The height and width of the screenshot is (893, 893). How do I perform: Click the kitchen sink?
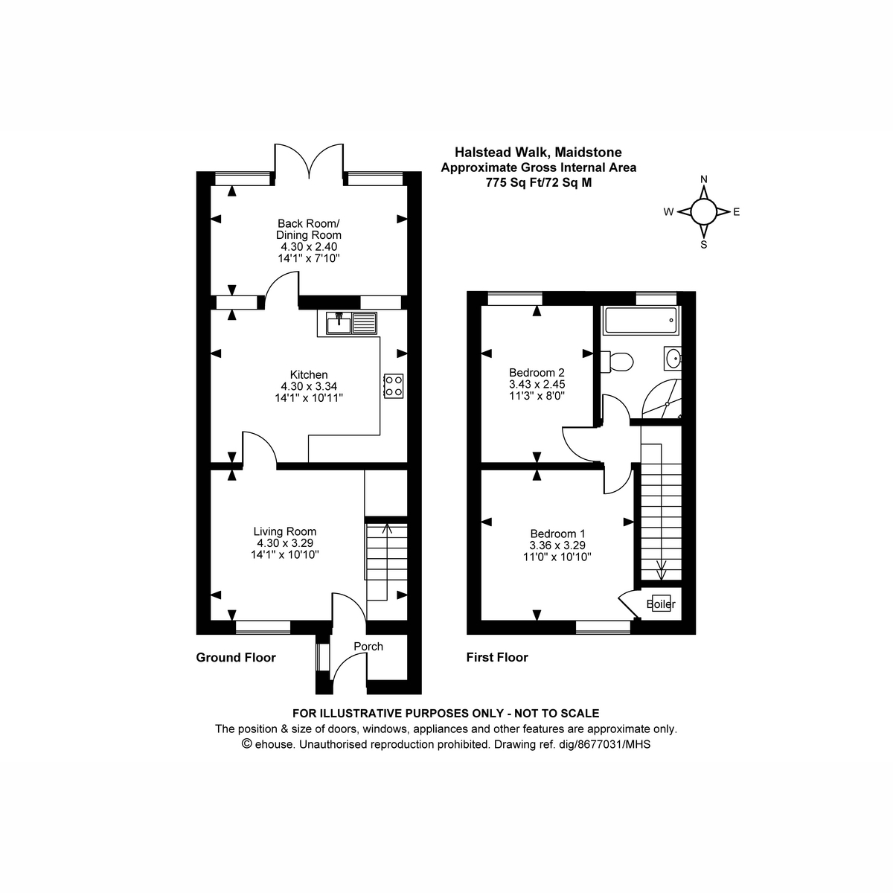coord(351,323)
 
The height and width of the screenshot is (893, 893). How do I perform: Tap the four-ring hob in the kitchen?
coord(394,386)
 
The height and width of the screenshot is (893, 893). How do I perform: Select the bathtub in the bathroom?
coord(641,320)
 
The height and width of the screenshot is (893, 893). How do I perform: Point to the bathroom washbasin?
coord(673,358)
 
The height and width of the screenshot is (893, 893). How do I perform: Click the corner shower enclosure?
coord(662,399)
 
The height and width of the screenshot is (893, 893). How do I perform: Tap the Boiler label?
coord(661,604)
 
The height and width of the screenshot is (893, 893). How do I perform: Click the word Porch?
coord(368,647)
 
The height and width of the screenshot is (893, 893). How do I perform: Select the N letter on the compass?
coord(703,179)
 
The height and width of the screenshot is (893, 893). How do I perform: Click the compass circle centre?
coord(703,212)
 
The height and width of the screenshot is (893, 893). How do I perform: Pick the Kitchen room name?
coord(309,374)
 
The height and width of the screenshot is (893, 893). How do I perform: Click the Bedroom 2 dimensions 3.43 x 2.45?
coord(537,384)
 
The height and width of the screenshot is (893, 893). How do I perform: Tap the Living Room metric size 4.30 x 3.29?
coord(285,543)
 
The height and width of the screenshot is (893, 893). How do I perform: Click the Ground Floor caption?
coord(236,658)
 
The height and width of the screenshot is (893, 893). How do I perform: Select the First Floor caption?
coord(497,658)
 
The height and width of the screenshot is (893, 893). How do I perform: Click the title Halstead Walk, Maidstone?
coord(538,152)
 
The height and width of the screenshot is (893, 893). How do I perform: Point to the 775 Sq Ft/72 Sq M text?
coord(539,182)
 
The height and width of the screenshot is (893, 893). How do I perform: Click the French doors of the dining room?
coord(309,161)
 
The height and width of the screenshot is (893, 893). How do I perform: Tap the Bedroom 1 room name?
coord(557,534)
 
